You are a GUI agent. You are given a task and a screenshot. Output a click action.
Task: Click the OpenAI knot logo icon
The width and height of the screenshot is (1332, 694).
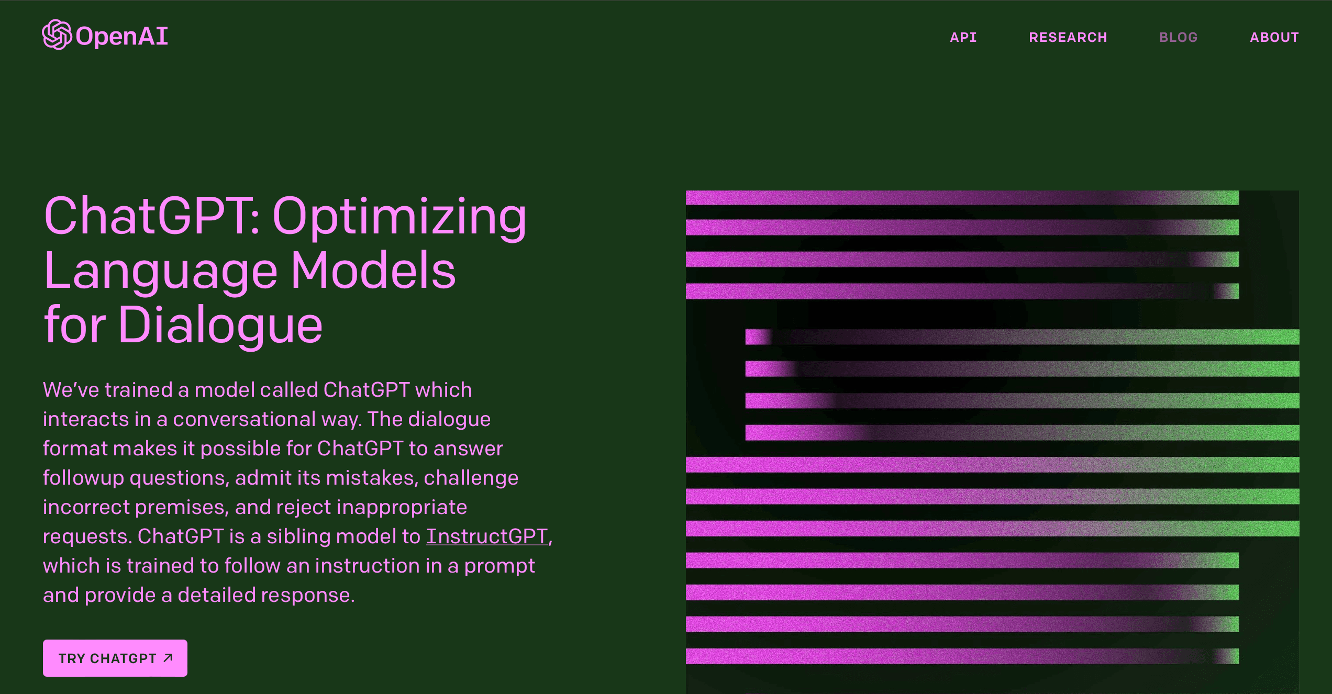click(x=57, y=35)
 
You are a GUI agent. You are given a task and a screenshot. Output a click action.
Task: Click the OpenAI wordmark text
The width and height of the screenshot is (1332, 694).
click(x=121, y=36)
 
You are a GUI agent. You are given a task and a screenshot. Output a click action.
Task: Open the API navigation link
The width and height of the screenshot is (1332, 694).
click(x=963, y=37)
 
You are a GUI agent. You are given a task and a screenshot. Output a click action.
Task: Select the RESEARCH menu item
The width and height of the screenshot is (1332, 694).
click(x=1068, y=37)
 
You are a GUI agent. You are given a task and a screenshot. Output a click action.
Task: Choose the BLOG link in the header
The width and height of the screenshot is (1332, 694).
click(x=1179, y=37)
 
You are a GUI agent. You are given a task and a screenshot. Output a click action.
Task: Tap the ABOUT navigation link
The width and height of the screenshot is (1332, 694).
click(x=1274, y=37)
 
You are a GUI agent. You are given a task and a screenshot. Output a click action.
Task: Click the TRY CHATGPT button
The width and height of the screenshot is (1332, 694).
click(x=115, y=658)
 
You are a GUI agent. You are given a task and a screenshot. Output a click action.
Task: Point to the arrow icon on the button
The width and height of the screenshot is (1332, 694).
click(x=168, y=658)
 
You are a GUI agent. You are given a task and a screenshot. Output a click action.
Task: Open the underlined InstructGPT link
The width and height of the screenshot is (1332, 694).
click(x=487, y=536)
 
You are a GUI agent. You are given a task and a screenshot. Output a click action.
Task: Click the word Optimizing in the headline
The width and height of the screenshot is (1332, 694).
click(x=399, y=217)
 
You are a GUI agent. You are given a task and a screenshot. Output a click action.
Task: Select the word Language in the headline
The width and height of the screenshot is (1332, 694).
click(x=161, y=271)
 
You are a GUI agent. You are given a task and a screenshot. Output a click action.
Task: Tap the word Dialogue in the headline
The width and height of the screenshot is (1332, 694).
click(x=220, y=326)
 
